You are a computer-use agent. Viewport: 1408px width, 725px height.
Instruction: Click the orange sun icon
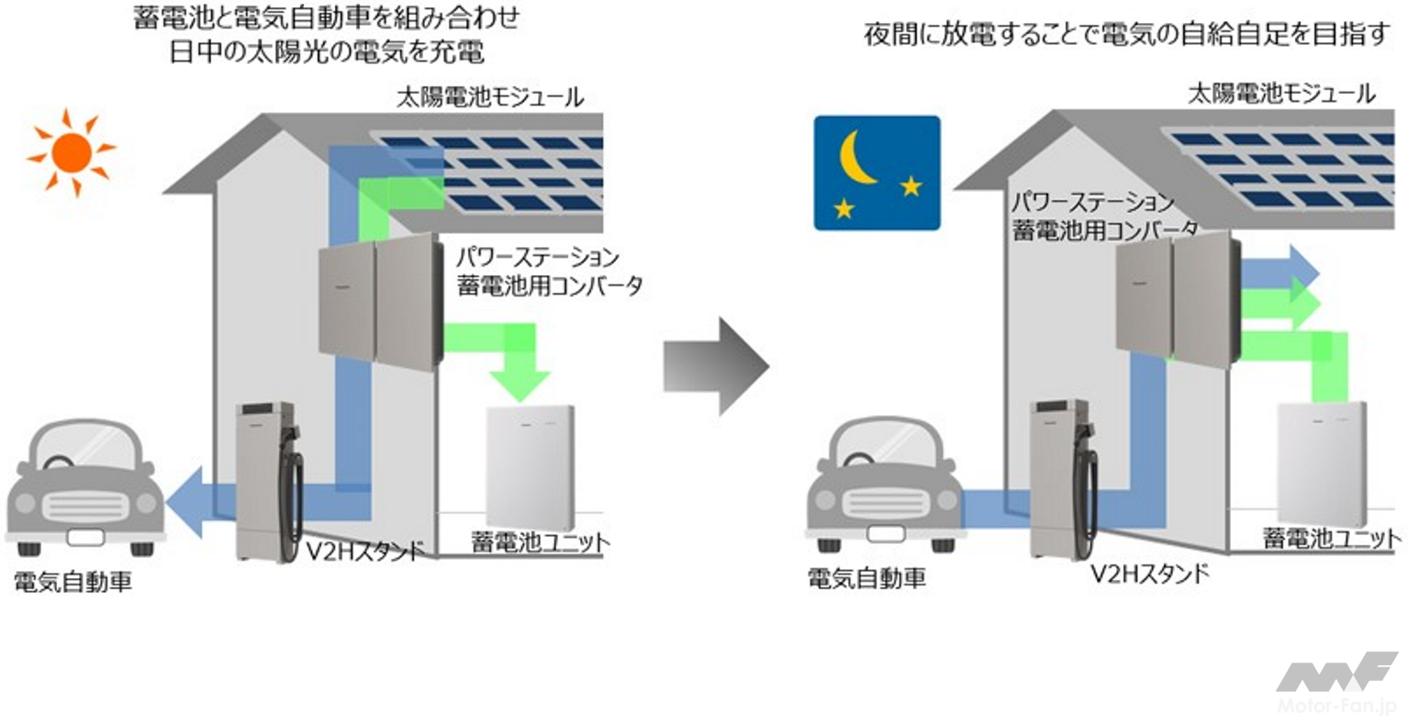[x=72, y=151]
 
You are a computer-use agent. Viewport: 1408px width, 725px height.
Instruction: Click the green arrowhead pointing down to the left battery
[x=520, y=384]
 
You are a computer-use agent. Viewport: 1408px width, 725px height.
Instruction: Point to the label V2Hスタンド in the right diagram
[x=1149, y=575]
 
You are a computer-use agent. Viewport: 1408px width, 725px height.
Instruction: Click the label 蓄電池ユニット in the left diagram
[x=541, y=542]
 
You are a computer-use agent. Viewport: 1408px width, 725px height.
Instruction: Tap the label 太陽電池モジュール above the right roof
[x=1281, y=94]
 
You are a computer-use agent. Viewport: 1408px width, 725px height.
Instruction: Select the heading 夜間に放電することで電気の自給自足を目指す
[x=1127, y=35]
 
